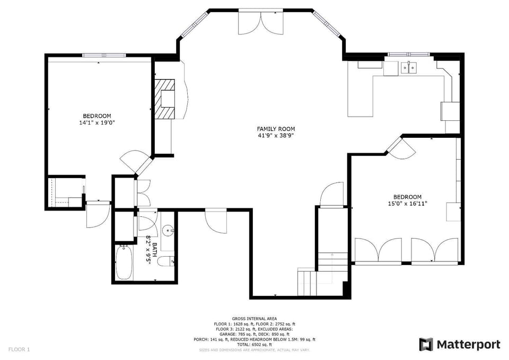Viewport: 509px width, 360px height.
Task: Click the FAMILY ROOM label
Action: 276,129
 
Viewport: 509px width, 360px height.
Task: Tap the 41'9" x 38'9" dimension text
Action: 276,136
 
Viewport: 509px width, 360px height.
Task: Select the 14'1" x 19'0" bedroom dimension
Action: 97,122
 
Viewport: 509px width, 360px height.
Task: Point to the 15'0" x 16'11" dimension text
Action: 407,204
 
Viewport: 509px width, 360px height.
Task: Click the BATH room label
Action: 155,249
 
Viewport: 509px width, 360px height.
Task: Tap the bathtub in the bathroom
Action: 124,262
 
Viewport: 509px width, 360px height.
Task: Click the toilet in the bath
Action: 166,261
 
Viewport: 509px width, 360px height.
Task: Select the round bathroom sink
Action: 168,231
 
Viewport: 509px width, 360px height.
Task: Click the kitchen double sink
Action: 408,68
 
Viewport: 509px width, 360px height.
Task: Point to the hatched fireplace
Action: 165,99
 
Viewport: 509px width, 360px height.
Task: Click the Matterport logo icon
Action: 426,345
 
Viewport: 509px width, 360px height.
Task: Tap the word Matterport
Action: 468,345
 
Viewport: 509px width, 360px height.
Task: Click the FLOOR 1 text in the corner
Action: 19,349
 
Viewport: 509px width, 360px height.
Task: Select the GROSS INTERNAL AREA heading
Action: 254,319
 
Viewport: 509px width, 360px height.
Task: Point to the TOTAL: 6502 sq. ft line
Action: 254,345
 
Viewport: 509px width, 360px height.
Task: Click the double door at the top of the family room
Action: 261,22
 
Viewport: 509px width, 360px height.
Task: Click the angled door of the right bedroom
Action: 401,148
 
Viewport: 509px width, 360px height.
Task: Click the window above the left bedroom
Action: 104,55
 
